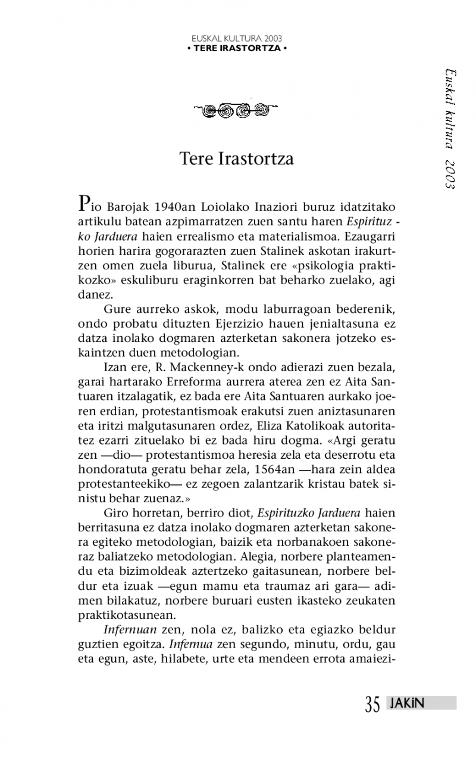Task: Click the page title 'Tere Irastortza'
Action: coord(237,160)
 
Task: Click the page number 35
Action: coord(372,704)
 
